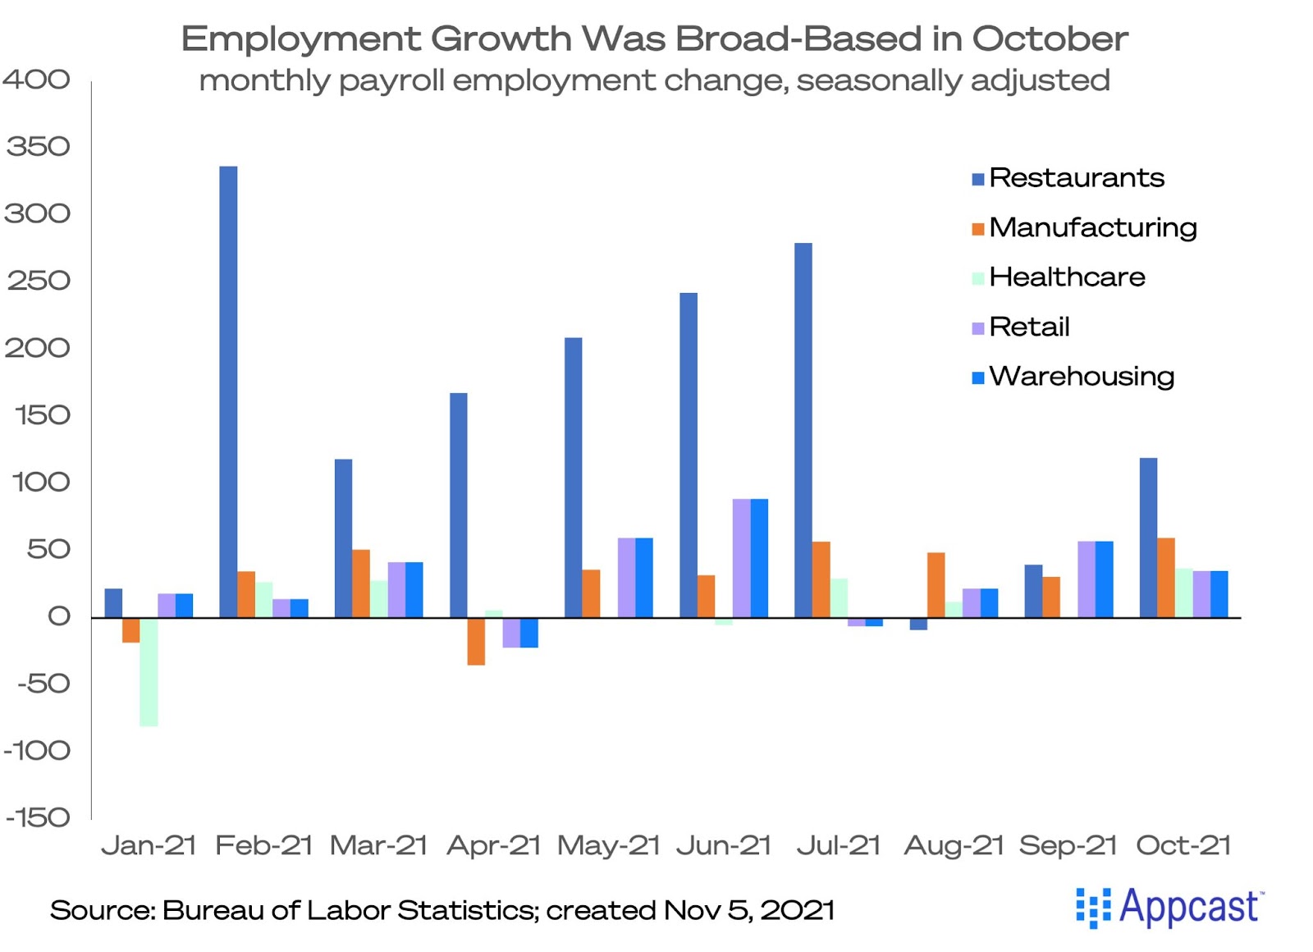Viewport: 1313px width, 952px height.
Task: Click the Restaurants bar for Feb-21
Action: tap(228, 391)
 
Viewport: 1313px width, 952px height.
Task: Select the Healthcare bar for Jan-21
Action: tap(149, 671)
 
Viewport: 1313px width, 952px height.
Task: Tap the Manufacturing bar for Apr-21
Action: tap(476, 641)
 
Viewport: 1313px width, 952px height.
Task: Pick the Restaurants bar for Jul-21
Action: tap(803, 430)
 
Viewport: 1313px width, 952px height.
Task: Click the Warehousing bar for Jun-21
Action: tap(759, 558)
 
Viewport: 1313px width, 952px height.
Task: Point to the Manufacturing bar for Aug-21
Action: tap(936, 585)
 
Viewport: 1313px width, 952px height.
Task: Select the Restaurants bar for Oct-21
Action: tap(1148, 538)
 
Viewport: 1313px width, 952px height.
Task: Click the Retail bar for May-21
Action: tap(626, 578)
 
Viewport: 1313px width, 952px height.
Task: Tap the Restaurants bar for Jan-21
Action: tap(113, 603)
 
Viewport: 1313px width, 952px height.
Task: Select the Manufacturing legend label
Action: tap(1092, 227)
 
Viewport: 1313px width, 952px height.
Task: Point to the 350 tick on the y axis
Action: tap(38, 147)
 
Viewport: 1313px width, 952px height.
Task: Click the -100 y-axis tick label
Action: tap(38, 751)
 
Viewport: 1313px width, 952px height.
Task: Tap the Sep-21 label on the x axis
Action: tap(1068, 845)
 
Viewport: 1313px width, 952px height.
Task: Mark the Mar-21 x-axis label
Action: tap(378, 845)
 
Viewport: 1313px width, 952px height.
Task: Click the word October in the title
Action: tap(1050, 39)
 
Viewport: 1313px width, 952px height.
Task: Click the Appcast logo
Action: tap(1169, 908)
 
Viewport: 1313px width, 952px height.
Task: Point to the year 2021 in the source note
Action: tap(797, 910)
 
